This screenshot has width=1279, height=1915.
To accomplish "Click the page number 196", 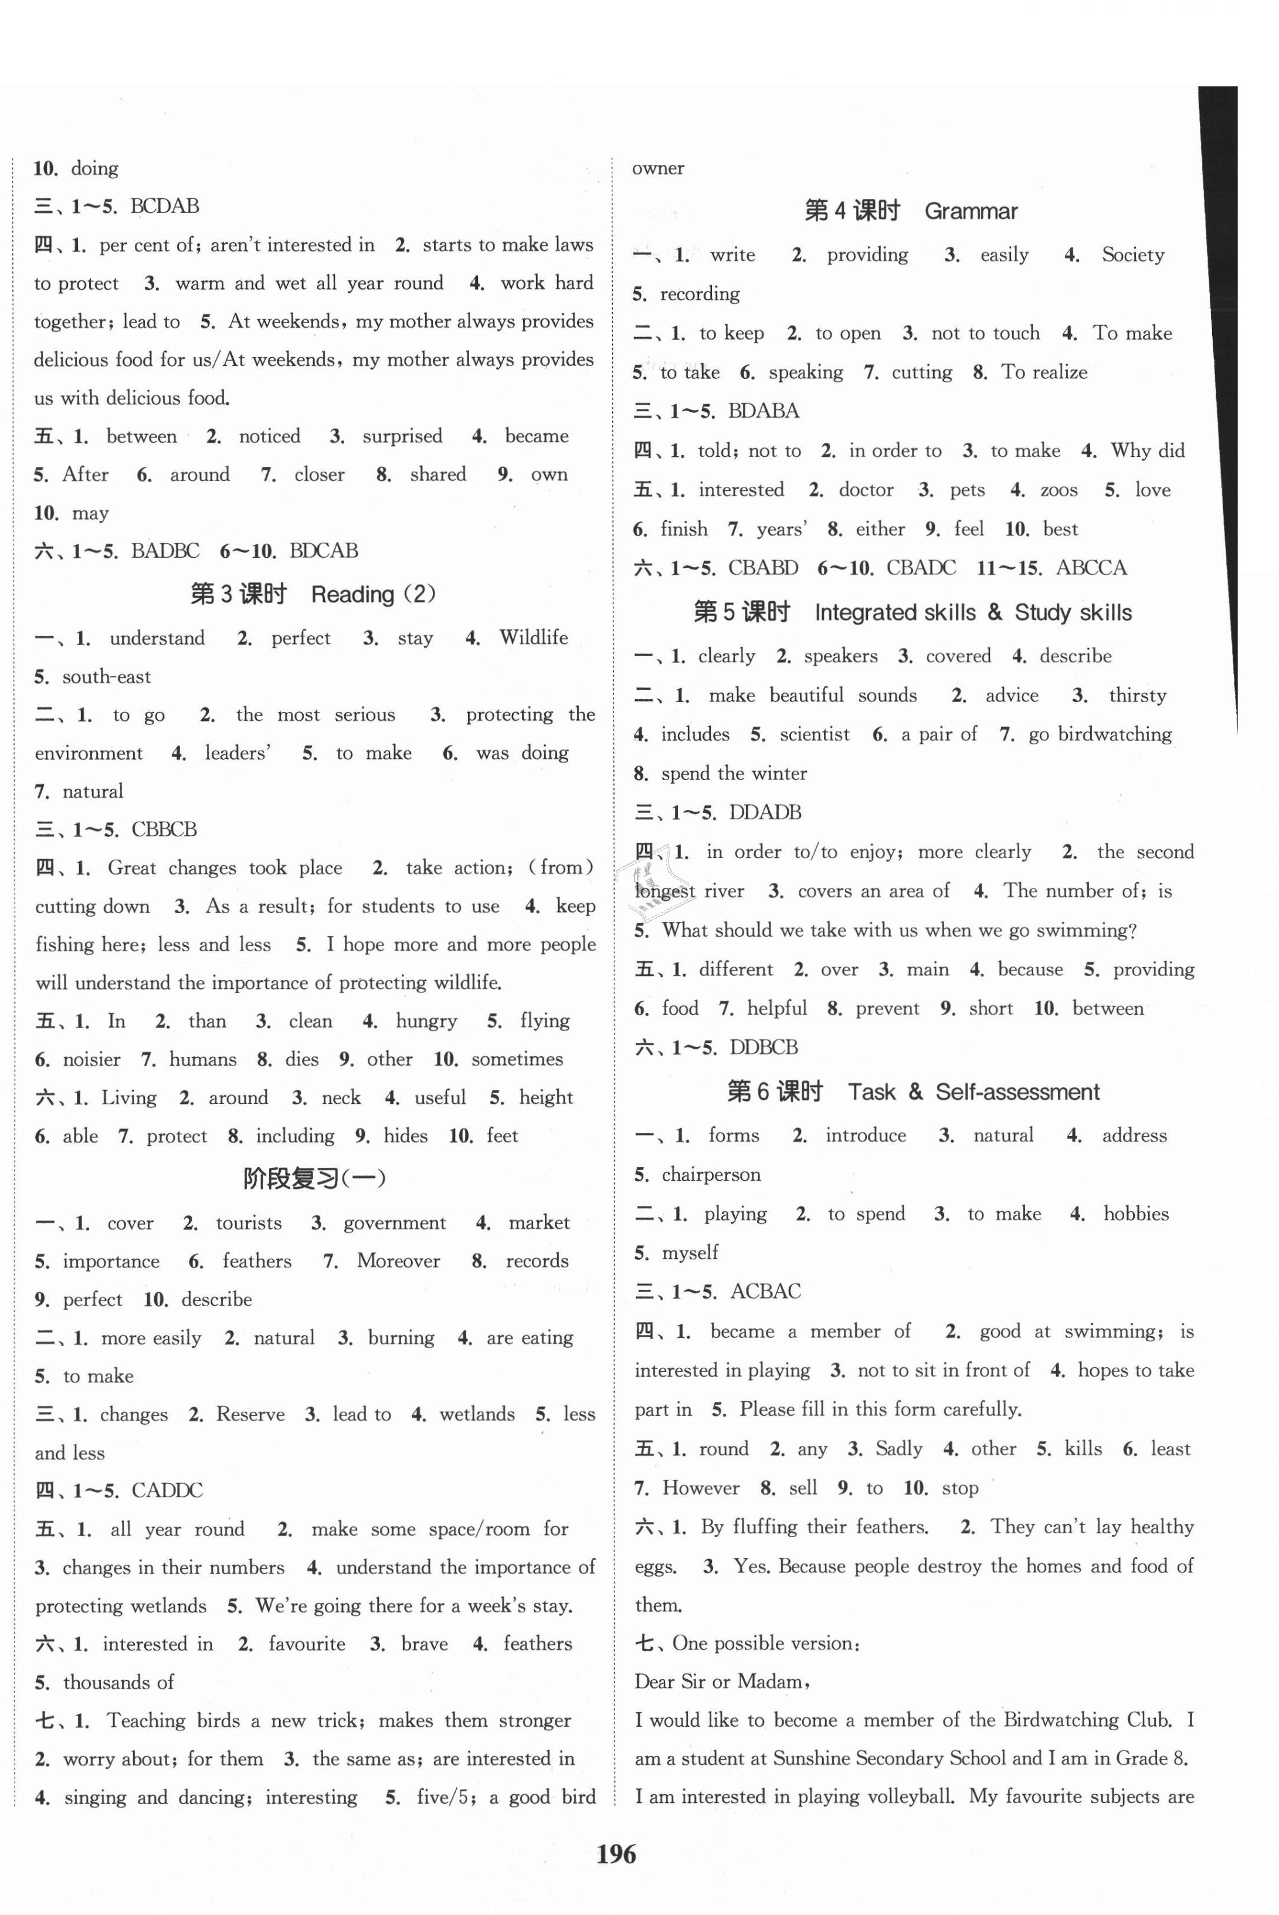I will [x=616, y=1854].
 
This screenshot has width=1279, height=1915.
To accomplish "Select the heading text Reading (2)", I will [x=374, y=595].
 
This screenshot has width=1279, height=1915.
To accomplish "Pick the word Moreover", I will [x=398, y=1261].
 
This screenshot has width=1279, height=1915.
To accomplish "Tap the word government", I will [x=394, y=1222].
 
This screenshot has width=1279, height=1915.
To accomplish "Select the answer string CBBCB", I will [x=164, y=829].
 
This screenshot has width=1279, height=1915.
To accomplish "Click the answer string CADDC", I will [x=167, y=1490].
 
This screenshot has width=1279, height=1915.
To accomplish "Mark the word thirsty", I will [x=1137, y=696].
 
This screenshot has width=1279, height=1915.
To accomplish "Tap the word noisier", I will [x=91, y=1059].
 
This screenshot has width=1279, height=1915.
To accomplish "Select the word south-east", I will [x=106, y=677].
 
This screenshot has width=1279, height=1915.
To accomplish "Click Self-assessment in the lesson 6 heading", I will [x=1017, y=1092].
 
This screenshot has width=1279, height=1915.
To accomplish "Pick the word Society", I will [x=1133, y=255].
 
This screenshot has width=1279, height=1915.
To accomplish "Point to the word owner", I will [x=657, y=169].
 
